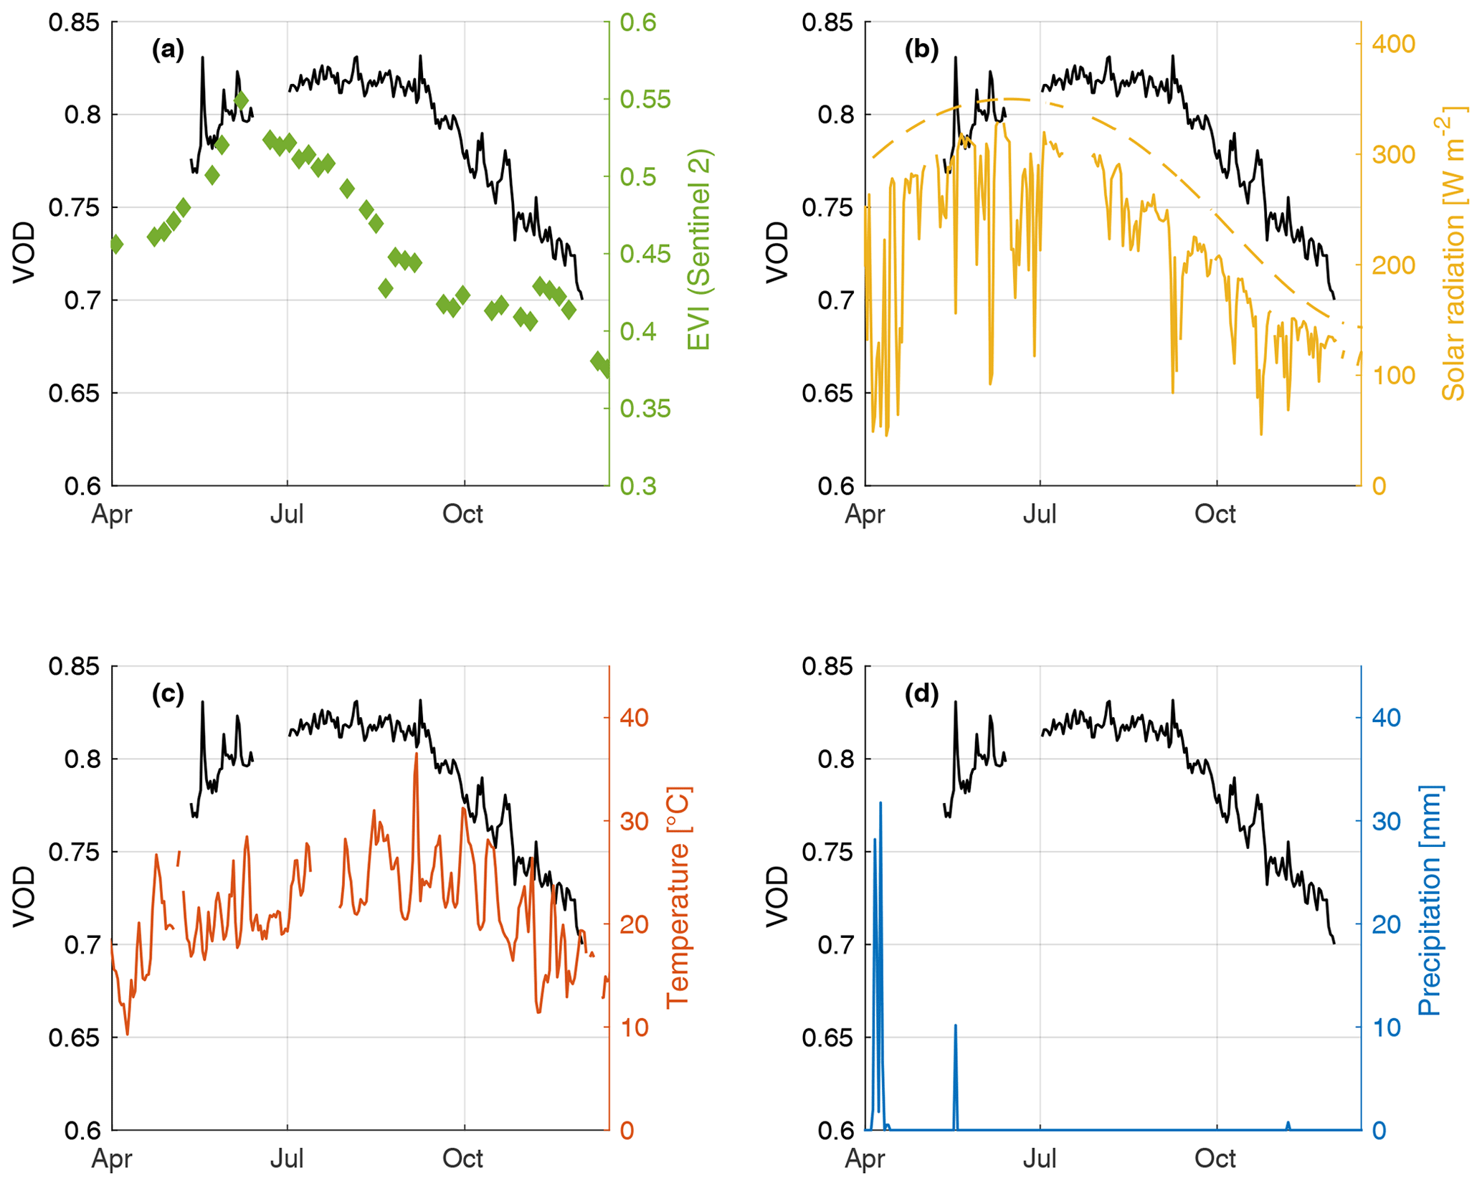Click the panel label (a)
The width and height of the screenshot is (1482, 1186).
[x=168, y=49]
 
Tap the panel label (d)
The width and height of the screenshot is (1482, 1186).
[x=921, y=693]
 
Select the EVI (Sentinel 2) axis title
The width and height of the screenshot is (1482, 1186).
[x=699, y=250]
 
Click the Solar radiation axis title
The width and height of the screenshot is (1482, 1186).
[x=1452, y=253]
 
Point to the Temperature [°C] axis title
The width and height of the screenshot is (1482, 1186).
[x=678, y=897]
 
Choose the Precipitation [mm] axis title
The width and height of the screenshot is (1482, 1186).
[x=1430, y=901]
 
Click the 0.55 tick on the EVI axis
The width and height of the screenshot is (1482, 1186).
[x=645, y=100]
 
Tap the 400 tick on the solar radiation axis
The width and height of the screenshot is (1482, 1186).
[x=1393, y=44]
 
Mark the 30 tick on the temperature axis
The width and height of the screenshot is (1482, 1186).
[x=634, y=821]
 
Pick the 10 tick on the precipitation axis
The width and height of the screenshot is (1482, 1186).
[x=1386, y=1028]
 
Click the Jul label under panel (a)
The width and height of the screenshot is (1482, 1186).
[x=287, y=514]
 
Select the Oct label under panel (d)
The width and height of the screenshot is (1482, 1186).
[x=1215, y=1158]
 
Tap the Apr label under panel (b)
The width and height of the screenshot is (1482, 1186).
[x=865, y=514]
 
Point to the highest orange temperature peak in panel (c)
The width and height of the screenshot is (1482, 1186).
[x=416, y=755]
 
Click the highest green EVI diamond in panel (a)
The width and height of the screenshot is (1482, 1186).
[x=241, y=100]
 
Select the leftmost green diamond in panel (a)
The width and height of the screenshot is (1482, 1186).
[x=116, y=245]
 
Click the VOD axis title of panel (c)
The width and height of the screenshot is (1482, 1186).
[x=24, y=896]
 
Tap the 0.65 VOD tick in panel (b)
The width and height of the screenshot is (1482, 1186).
[x=827, y=394]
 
